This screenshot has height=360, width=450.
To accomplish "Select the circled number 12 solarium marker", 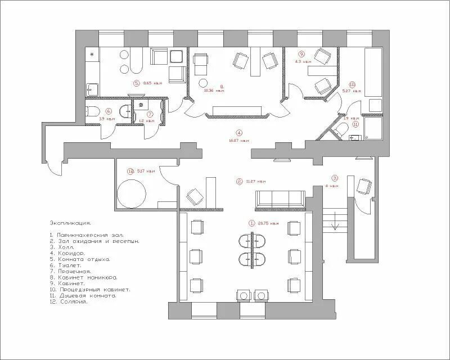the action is point(130,171).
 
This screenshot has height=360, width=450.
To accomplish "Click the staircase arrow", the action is point(335,225).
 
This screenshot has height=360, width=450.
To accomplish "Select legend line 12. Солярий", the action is point(69,302).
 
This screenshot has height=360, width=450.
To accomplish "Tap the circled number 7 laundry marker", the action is point(150,114).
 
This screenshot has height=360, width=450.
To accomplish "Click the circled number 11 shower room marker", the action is point(355,124).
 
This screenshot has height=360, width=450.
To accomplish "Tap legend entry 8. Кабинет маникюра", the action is point(83,277).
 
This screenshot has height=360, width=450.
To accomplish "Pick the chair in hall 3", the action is point(364,186).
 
